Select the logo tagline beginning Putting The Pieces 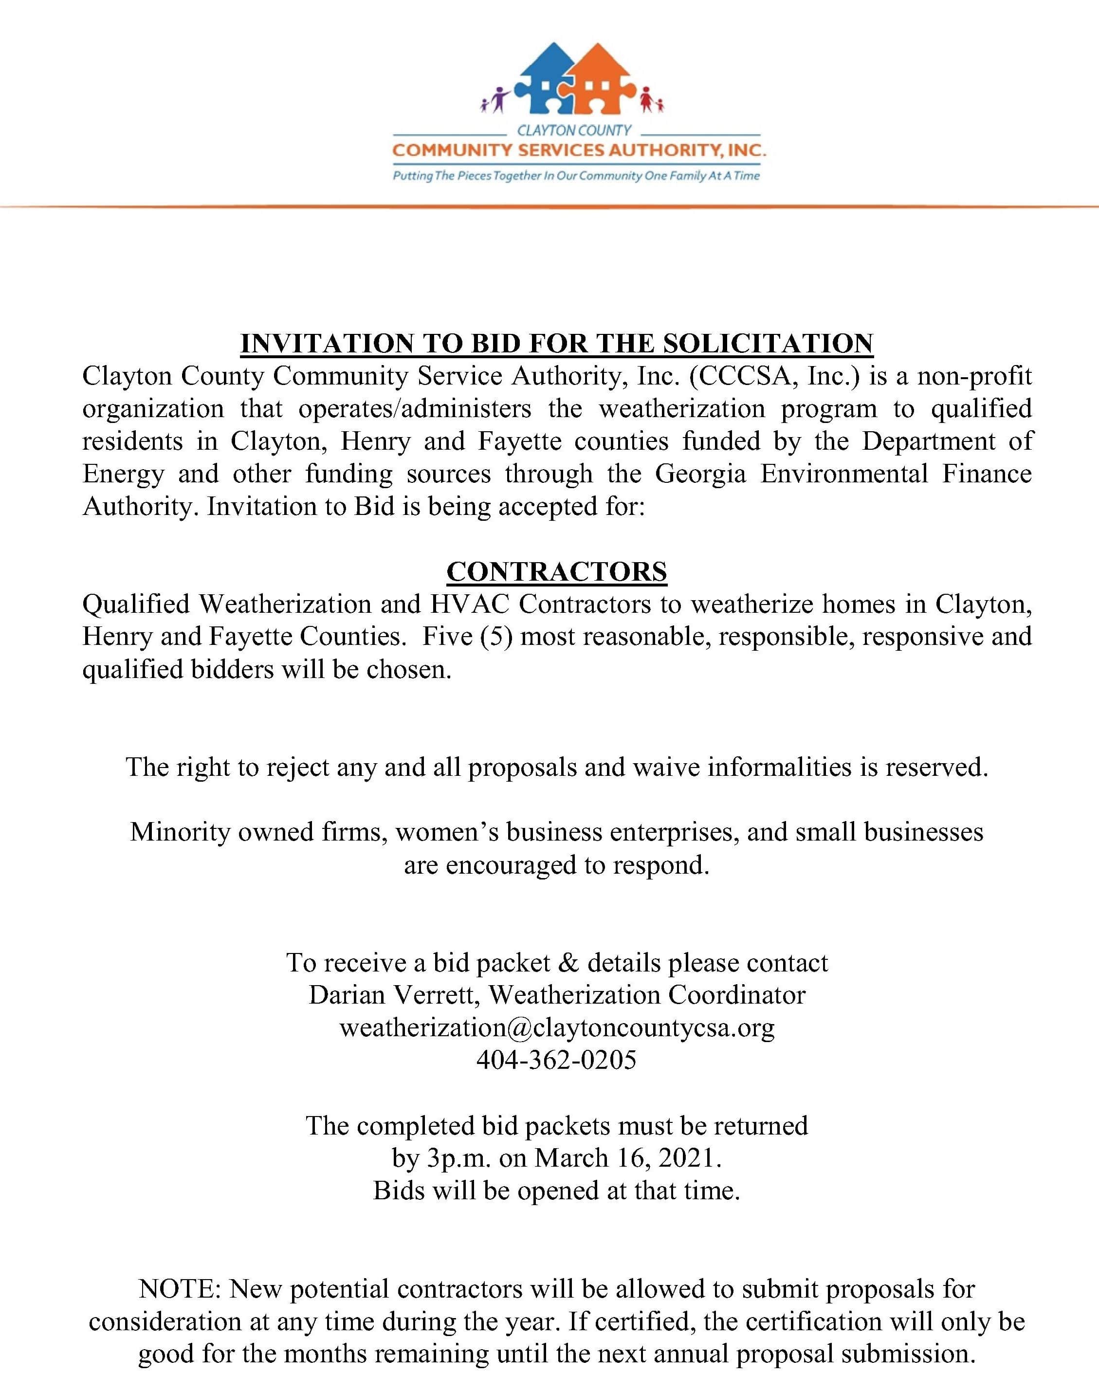[x=576, y=176]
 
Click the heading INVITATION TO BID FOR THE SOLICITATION [x=557, y=344]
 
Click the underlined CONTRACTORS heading [x=557, y=571]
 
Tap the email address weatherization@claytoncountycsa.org [x=557, y=1027]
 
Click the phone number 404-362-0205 [x=557, y=1060]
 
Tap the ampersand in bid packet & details [x=569, y=963]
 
